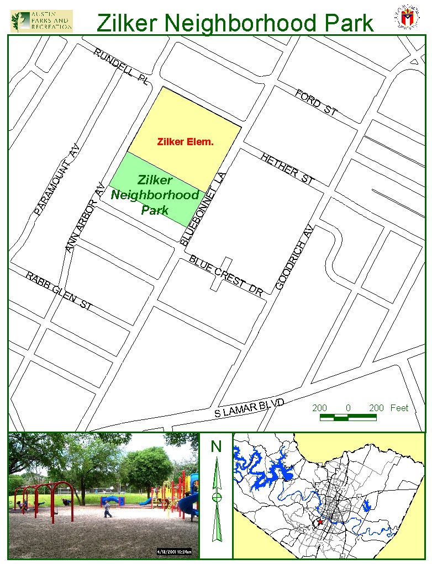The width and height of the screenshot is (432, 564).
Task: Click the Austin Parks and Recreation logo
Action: (41, 20)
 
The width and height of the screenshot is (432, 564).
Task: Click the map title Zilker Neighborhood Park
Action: (235, 23)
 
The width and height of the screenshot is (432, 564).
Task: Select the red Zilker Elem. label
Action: (185, 142)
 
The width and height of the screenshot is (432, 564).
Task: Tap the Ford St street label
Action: (316, 103)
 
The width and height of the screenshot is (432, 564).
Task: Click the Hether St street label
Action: (287, 169)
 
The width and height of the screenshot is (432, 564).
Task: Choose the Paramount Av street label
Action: (57, 180)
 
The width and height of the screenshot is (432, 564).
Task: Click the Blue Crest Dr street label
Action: (225, 275)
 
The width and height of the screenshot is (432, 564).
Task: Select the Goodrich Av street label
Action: (294, 258)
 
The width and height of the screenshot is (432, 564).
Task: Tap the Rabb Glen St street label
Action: (59, 290)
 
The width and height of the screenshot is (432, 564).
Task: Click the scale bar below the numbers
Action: (348, 417)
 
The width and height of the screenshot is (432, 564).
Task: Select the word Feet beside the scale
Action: (399, 408)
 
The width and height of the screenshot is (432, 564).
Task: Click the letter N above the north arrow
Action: (216, 446)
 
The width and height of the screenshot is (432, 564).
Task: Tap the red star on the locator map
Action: (320, 522)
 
